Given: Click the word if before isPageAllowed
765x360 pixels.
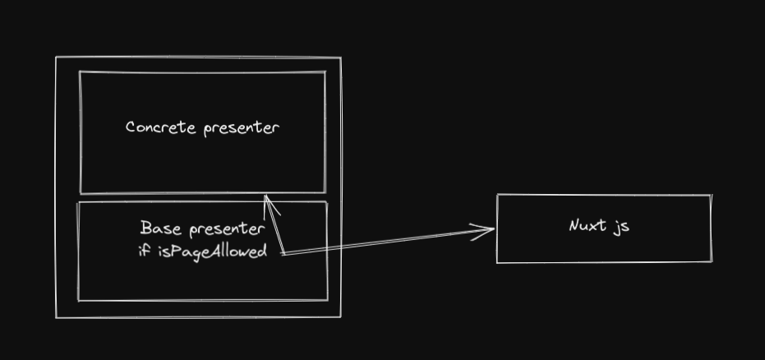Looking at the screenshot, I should pos(145,251).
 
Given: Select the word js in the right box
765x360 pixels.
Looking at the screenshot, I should pos(621,227).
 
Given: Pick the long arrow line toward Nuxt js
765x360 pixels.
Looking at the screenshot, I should pos(386,242).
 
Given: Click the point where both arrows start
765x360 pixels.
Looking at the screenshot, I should pos(283,252).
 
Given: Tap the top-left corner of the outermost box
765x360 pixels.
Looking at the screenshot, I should pos(57,58).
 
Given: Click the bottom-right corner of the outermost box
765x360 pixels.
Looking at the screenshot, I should pos(339,317).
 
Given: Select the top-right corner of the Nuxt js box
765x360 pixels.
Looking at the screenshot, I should pos(711,196).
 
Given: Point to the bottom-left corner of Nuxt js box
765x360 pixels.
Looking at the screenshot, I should pos(497,262).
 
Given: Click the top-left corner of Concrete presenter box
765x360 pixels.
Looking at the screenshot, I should pos(80,72).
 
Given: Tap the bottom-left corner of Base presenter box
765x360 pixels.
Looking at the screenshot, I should pos(78,300).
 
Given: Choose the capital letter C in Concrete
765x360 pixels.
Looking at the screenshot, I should pos(131,127).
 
